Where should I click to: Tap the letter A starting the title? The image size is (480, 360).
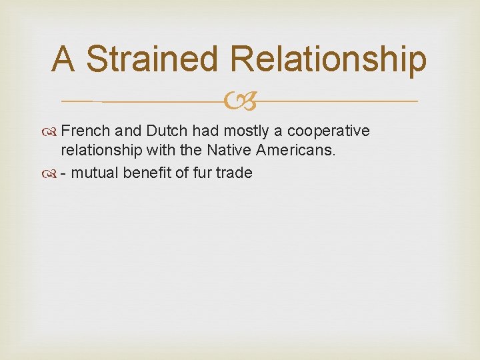click(63, 59)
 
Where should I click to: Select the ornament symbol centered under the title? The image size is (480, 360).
click(239, 101)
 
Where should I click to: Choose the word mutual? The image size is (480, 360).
click(93, 173)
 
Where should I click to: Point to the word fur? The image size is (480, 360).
click(199, 173)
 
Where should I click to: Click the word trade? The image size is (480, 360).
click(233, 173)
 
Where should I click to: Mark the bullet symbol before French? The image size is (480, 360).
click(53, 131)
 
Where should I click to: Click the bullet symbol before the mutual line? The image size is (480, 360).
click(53, 173)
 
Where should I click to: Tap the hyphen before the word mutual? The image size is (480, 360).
click(63, 173)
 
